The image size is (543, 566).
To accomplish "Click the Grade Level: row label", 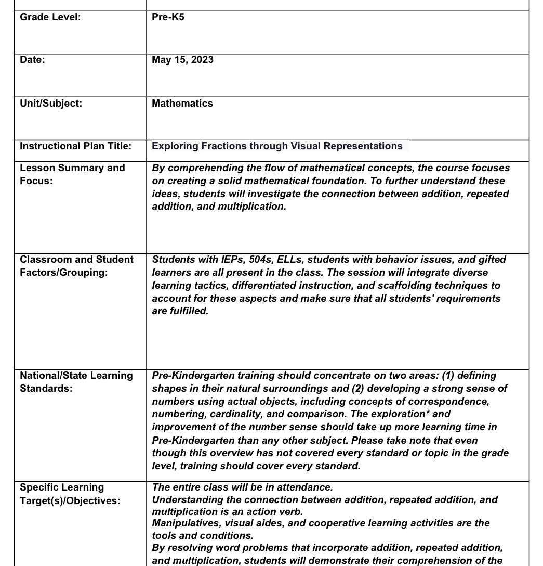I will click(x=50, y=17).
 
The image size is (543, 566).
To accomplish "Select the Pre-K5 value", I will click(x=168, y=17).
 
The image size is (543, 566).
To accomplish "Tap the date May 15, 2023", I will click(x=182, y=60).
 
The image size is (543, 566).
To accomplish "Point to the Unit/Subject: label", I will click(x=50, y=104).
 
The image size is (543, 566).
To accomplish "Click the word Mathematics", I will click(x=182, y=104).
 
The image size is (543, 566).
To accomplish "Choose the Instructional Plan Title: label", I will click(x=75, y=146).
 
